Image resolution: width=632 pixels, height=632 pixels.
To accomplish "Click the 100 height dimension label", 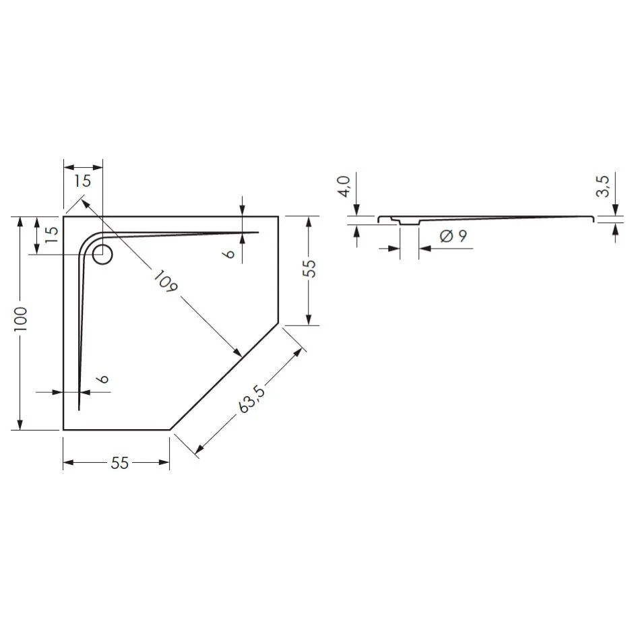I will [21, 318].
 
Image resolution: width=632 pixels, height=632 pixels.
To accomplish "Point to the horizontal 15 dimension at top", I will [82, 181].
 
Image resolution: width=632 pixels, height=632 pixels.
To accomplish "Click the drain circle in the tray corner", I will [102, 255].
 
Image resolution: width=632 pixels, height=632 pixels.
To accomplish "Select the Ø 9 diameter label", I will [453, 236].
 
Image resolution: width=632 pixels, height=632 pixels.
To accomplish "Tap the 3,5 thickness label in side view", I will [602, 185].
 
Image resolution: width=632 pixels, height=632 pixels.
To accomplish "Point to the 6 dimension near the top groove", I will [229, 253].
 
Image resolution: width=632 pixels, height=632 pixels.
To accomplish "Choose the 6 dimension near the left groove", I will [102, 379].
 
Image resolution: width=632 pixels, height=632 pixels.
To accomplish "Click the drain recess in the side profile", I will [409, 222].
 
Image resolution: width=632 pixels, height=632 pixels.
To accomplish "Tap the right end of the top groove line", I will [257, 232].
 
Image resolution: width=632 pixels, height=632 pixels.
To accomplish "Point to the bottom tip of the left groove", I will [79, 408].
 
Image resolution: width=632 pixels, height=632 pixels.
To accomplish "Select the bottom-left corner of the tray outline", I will [63, 429].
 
